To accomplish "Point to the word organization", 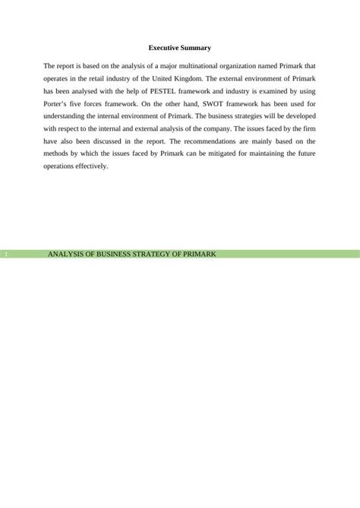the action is coord(251,65).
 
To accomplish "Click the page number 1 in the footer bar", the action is coord(5,253).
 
